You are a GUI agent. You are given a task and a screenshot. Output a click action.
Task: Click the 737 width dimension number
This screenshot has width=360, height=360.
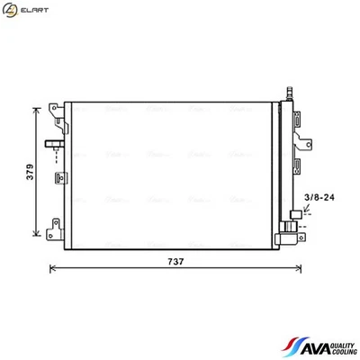pyautogui.click(x=177, y=262)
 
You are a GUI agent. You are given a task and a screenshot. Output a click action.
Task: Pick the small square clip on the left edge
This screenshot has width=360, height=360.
pyautogui.click(x=58, y=176)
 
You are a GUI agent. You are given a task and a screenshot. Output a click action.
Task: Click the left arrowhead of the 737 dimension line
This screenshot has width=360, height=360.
pyautogui.click(x=51, y=268)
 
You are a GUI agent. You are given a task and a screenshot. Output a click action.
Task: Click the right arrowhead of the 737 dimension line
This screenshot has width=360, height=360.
pyautogui.click(x=301, y=268)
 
